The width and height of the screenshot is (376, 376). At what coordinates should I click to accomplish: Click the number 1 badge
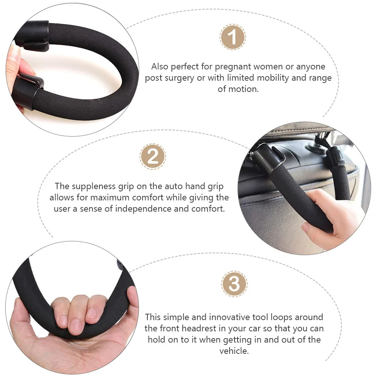pyautogui.click(x=233, y=38)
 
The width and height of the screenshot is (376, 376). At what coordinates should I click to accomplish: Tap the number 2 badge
pyautogui.click(x=153, y=156)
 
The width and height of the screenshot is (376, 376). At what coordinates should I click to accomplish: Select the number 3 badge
pyautogui.click(x=234, y=284)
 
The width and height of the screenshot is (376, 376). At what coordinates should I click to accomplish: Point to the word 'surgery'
pyautogui.click(x=180, y=78)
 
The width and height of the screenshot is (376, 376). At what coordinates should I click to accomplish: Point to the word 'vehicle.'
pyautogui.click(x=234, y=351)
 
